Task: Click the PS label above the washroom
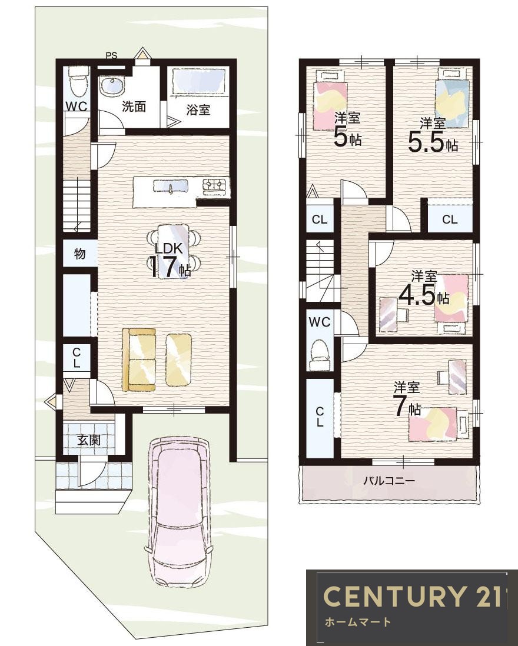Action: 111,56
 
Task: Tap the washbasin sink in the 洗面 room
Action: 112,86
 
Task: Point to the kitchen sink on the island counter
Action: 171,187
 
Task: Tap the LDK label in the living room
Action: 168,248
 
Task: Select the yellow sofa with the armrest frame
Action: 139,359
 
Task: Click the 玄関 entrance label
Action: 89,440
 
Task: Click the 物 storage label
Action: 80,254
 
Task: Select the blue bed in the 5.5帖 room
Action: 452,98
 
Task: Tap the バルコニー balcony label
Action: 389,480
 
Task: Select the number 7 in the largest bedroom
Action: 400,407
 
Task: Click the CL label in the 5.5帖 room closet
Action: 450,219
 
